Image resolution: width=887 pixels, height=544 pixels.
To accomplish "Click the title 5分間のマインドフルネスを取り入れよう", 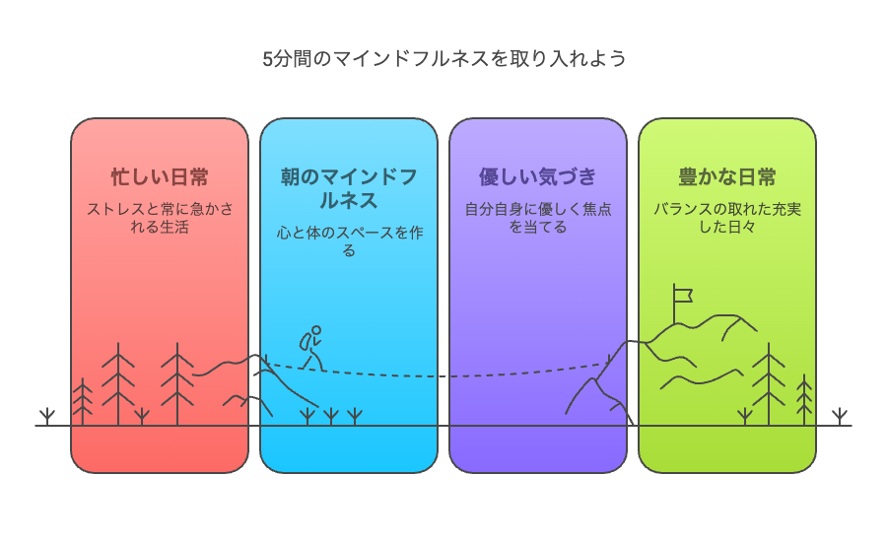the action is [444, 59].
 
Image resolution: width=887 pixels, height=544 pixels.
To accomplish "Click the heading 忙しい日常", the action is [160, 177].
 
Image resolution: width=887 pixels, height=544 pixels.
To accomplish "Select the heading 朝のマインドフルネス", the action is [349, 189].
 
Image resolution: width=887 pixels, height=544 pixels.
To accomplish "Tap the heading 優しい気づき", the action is [538, 177].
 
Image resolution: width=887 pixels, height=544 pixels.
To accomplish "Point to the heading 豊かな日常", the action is [727, 177].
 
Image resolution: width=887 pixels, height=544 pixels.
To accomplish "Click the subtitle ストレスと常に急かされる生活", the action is [160, 218].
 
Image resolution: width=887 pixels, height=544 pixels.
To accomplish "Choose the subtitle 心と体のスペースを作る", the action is [349, 241].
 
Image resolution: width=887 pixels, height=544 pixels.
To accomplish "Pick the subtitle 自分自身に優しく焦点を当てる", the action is [538, 218].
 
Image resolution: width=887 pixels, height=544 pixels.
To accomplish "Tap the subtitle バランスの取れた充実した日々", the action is [727, 218].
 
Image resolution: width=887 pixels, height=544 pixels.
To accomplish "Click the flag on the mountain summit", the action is [682, 296].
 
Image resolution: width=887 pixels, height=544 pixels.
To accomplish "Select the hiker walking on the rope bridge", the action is [311, 348].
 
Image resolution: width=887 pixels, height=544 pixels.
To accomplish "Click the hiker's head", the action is [316, 330].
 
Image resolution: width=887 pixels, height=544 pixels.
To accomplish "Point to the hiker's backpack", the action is [305, 342].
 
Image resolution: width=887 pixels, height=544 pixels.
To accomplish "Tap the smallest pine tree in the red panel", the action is [83, 401].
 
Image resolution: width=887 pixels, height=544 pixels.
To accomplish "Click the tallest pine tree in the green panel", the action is [769, 383].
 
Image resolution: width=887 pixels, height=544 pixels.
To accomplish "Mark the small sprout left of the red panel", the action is [47, 417].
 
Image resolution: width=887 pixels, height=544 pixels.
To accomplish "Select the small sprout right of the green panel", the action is [840, 417].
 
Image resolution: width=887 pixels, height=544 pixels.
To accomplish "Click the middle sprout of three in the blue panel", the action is [331, 417].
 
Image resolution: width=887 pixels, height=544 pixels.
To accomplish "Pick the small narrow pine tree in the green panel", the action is [804, 399].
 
